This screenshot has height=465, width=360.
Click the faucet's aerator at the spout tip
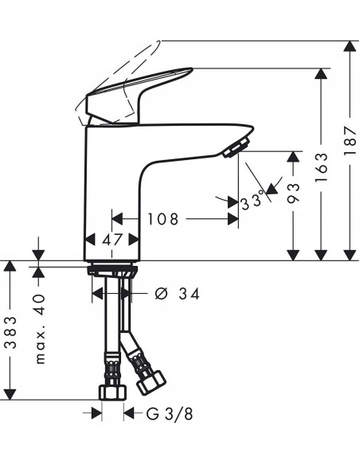tap(237, 147)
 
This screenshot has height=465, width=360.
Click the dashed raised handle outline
tap(119, 68)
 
